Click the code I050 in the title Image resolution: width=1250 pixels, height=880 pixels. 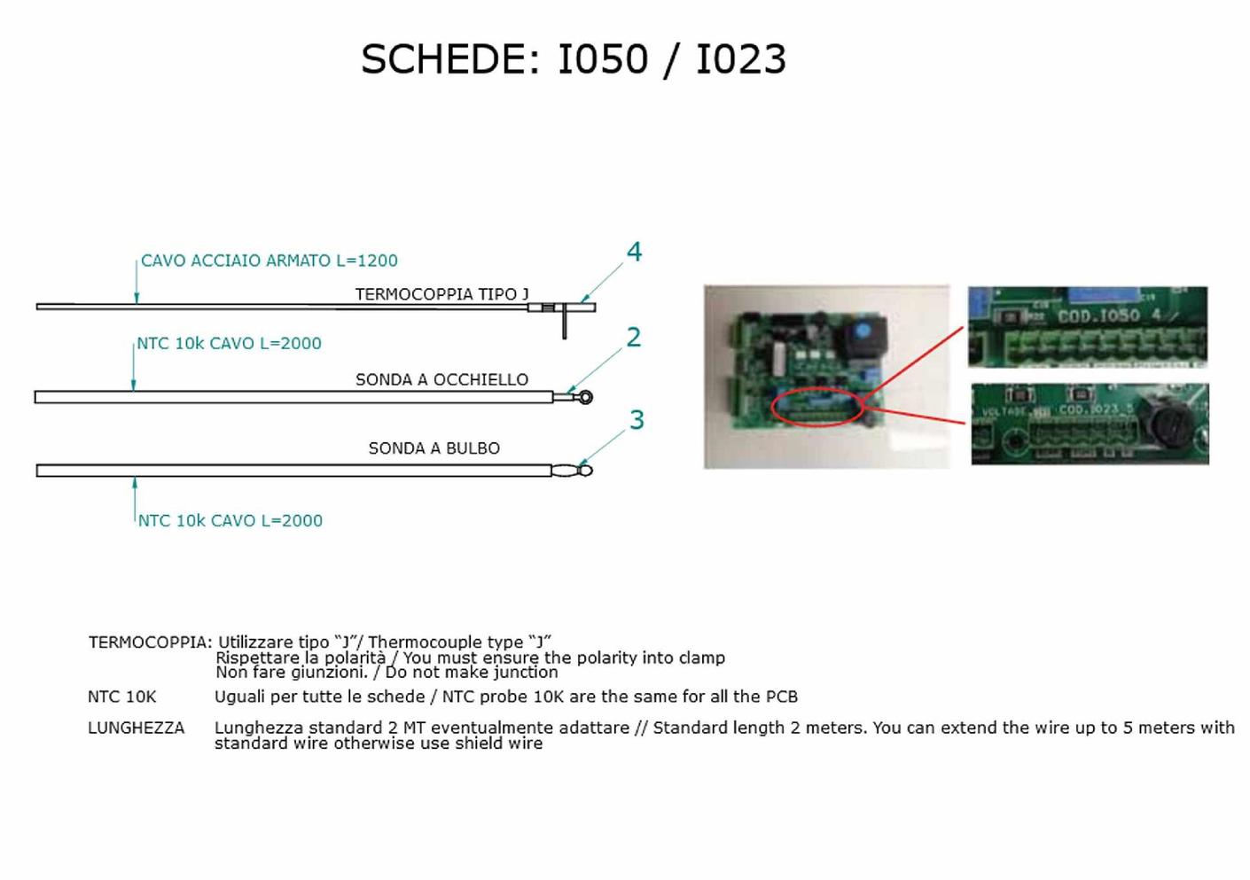click(x=603, y=60)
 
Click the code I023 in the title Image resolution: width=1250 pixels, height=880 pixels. click(x=741, y=60)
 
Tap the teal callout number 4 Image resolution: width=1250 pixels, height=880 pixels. click(x=634, y=253)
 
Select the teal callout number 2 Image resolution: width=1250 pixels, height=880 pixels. click(x=633, y=338)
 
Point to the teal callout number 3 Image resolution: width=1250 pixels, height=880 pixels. click(x=636, y=420)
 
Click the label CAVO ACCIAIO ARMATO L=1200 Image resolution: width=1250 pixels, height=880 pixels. click(x=270, y=261)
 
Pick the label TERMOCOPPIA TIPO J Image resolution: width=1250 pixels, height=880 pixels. click(x=441, y=294)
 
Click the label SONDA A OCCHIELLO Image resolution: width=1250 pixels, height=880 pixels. click(x=441, y=379)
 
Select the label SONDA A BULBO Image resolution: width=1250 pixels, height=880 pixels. click(x=434, y=448)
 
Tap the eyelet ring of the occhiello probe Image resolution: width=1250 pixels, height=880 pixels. click(x=584, y=397)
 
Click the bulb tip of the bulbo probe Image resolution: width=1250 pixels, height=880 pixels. click(x=585, y=471)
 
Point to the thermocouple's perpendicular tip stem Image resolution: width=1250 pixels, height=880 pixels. click(x=564, y=324)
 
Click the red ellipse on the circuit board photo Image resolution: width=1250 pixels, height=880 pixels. click(x=816, y=409)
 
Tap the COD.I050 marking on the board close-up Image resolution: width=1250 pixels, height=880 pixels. click(x=1098, y=315)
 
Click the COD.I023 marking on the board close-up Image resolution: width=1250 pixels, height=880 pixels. click(x=1090, y=409)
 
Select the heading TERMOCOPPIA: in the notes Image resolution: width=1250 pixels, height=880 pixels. click(x=150, y=642)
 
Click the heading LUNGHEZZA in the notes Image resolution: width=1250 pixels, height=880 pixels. click(x=136, y=728)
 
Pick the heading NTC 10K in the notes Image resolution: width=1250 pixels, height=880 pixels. click(x=121, y=697)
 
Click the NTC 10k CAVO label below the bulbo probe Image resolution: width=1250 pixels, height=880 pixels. click(x=230, y=521)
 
